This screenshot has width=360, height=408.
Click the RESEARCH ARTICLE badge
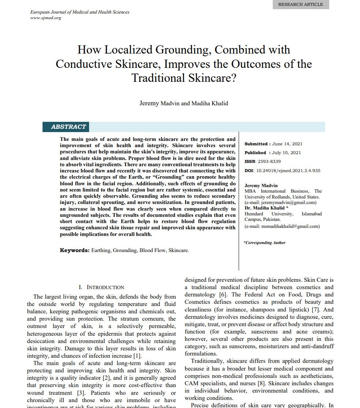301,4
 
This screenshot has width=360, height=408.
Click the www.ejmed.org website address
45,18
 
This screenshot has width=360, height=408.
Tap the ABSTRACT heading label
68,127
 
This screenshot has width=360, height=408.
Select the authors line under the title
184,103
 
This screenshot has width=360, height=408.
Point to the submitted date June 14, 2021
287,144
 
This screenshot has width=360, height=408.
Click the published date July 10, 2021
286,153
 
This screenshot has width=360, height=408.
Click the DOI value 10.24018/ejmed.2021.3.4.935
289,171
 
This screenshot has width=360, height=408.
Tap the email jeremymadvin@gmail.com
280,202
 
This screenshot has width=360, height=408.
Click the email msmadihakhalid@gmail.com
282,226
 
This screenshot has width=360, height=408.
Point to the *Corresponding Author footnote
265,243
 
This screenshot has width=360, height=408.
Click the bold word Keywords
74,250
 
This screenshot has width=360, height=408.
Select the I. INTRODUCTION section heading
102,287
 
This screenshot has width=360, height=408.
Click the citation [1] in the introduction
137,356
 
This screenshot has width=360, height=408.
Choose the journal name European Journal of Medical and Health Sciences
80,12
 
